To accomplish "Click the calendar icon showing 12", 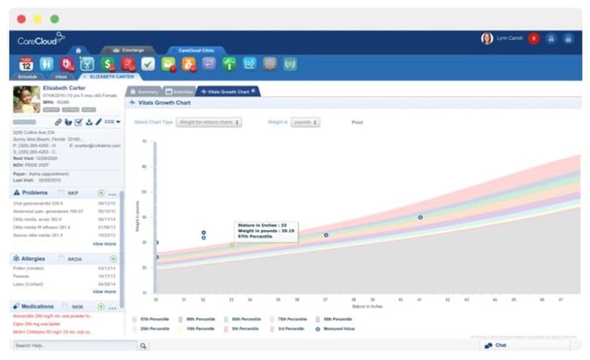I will click(x=26, y=64).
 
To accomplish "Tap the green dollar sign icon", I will click(x=108, y=64).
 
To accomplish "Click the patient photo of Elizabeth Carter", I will click(x=26, y=99).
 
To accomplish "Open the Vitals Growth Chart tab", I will click(x=228, y=91).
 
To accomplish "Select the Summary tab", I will click(x=143, y=91).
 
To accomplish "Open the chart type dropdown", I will click(x=209, y=122).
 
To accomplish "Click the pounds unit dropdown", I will click(x=305, y=122).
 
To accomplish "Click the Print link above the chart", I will click(x=357, y=122).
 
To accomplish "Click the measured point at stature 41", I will click(x=421, y=217).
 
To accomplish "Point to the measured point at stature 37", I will click(x=326, y=235).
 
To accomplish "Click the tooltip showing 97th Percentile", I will click(x=264, y=231).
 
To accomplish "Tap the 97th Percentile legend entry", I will click(x=151, y=319).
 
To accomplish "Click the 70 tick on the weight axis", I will click(x=144, y=141).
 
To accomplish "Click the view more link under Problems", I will click(x=104, y=244).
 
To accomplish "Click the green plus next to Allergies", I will click(x=113, y=259).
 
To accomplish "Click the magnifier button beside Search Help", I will click(x=144, y=346).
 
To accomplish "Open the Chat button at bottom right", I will click(x=495, y=346).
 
